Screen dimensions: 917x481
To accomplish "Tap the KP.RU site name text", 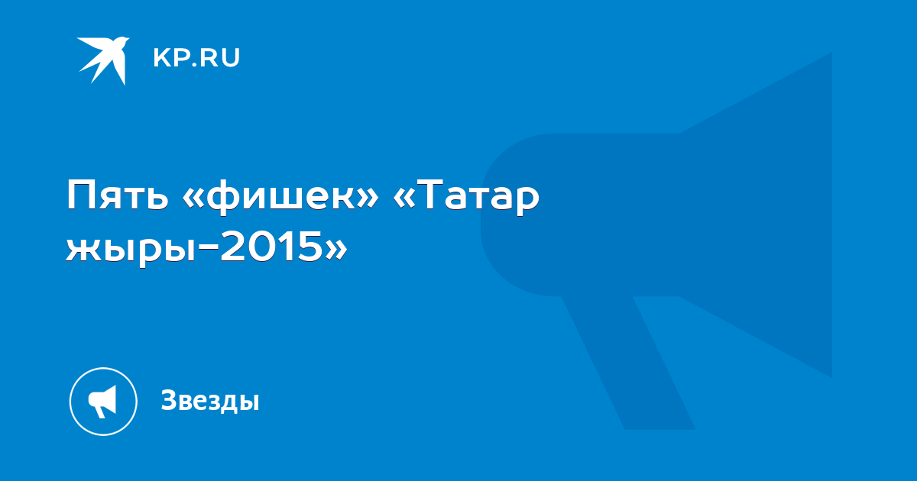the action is [x=196, y=58].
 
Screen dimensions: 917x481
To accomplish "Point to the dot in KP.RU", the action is [x=193, y=65].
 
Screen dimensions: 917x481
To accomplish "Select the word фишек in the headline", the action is [x=280, y=199].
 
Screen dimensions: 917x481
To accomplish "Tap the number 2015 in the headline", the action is [x=271, y=245].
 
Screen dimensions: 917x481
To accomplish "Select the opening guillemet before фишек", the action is [x=193, y=199].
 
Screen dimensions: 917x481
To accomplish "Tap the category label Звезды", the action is [x=210, y=401].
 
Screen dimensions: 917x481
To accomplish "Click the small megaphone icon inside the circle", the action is [x=102, y=402].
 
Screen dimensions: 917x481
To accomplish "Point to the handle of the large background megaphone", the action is [x=628, y=363].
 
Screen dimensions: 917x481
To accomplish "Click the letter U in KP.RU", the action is [x=232, y=58].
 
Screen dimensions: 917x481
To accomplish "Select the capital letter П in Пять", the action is [x=79, y=195].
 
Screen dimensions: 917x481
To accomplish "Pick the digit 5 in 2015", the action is [x=310, y=245].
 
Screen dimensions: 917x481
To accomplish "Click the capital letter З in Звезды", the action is [x=169, y=399].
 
